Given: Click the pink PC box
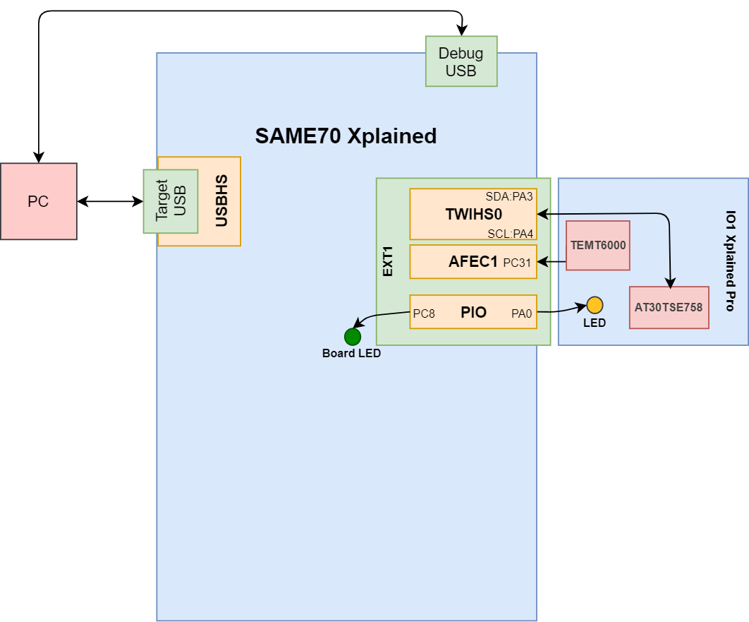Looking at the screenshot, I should pyautogui.click(x=38, y=201).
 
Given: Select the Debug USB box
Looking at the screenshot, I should pyautogui.click(x=461, y=61).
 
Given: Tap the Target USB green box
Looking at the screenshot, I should pyautogui.click(x=170, y=201).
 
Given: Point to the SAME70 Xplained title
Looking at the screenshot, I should pyautogui.click(x=346, y=136).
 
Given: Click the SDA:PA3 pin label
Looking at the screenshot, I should pyautogui.click(x=509, y=196).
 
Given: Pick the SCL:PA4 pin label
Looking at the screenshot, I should pyautogui.click(x=510, y=233).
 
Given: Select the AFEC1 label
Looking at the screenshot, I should pyautogui.click(x=473, y=262).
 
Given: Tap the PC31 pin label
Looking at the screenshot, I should pyautogui.click(x=517, y=263).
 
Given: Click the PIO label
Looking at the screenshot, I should pyautogui.click(x=473, y=312).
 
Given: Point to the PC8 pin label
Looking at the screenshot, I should pyautogui.click(x=424, y=313).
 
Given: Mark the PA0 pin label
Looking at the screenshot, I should pyautogui.click(x=522, y=313).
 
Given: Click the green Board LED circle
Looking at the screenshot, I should pyautogui.click(x=353, y=337).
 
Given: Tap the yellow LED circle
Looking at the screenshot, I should pyautogui.click(x=595, y=305).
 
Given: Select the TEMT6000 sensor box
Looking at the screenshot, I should pyautogui.click(x=598, y=245).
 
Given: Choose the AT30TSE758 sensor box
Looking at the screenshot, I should pyautogui.click(x=669, y=307).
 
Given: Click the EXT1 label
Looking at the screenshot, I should pyautogui.click(x=387, y=262).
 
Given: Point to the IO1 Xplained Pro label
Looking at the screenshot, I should pyautogui.click(x=729, y=261).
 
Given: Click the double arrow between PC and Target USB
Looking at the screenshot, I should pyautogui.click(x=109, y=202).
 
